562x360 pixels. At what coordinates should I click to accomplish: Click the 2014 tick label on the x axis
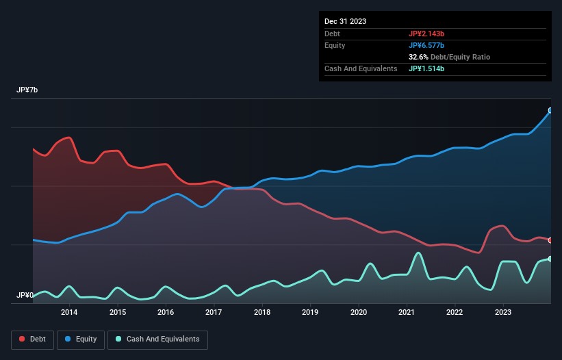click(x=68, y=313)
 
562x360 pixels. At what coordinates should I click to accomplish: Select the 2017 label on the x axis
click(x=214, y=313)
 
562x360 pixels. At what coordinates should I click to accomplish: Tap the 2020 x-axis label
click(x=359, y=313)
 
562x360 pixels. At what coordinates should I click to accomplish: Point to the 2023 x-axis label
click(x=503, y=313)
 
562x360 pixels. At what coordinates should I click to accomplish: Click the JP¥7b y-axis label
click(x=27, y=90)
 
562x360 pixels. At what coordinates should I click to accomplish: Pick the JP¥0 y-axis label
click(x=25, y=295)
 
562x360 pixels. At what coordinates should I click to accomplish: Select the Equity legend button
click(x=81, y=339)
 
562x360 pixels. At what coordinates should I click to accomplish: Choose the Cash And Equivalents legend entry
click(x=157, y=339)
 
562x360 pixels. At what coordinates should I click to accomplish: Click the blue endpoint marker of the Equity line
click(x=551, y=110)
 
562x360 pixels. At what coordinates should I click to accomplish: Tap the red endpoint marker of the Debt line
click(x=551, y=240)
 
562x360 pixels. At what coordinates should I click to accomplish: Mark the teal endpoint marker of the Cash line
click(x=551, y=259)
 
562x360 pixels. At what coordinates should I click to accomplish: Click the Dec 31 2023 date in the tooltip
click(x=345, y=21)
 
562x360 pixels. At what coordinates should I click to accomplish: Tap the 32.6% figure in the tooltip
click(x=419, y=57)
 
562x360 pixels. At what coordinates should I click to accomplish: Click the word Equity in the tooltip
click(x=335, y=45)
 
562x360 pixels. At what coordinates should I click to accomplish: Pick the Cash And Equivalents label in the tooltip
click(x=361, y=68)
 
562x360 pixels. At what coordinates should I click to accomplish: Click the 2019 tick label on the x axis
click(x=310, y=313)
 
